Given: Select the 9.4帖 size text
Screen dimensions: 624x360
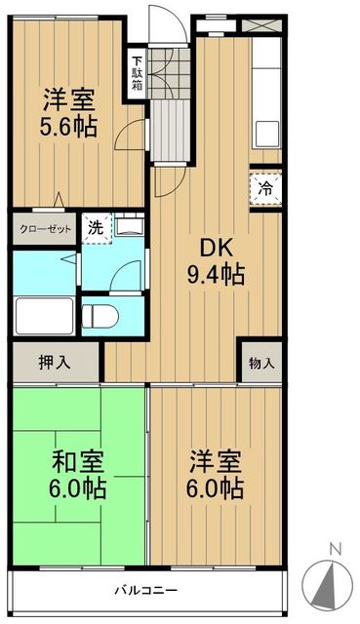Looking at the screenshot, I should pos(215,274).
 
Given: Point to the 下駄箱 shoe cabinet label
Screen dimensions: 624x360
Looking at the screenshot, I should pos(138,72).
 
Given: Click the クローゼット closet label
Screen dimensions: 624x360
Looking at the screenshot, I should pos(44,230).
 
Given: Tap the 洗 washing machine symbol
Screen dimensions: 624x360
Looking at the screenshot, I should pos(95,229).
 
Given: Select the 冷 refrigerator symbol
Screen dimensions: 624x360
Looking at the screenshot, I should pos(266,189).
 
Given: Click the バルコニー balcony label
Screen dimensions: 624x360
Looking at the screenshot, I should pos(144,590).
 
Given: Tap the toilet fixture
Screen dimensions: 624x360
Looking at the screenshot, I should pos(100,315).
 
